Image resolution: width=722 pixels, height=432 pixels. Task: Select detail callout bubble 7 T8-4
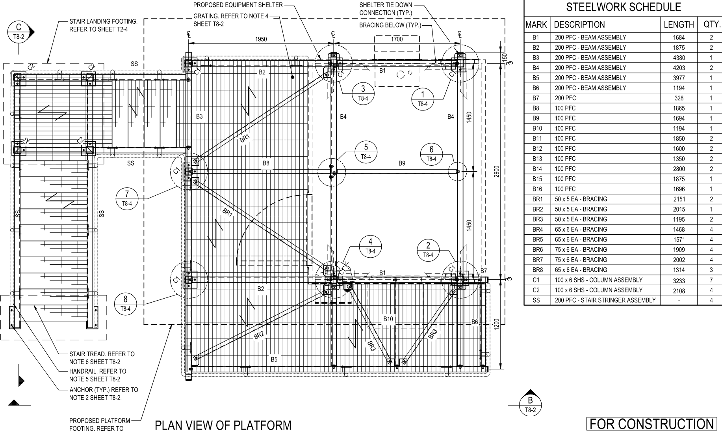point(127,198)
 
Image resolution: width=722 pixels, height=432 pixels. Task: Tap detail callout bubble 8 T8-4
point(125,304)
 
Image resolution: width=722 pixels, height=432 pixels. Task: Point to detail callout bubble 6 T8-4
point(431,154)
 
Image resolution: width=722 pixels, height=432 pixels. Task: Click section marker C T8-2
point(19,32)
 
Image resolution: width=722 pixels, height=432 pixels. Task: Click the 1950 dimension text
point(261,39)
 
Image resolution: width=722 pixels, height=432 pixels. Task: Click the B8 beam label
point(266,163)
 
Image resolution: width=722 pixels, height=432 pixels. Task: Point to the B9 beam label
point(402,163)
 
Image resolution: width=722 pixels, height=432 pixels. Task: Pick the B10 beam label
point(388,319)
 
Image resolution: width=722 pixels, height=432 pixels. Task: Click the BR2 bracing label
point(259,335)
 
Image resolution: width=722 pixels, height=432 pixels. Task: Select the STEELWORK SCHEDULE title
point(623,7)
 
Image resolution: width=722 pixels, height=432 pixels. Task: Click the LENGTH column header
point(679,24)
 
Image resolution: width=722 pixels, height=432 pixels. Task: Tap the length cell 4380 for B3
point(679,58)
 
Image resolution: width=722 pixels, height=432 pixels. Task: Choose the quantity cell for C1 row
point(711,280)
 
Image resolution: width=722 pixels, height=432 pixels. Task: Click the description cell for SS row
point(605,300)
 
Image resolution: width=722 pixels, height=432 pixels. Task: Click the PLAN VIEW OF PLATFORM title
point(223,425)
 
